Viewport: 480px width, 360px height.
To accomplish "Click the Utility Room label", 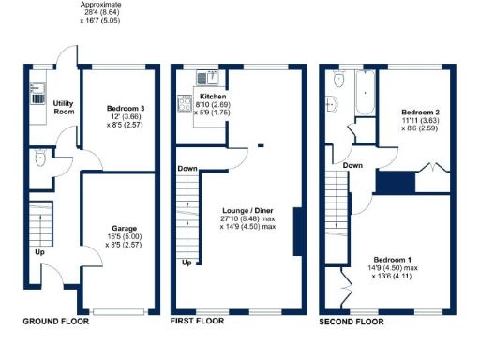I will coord(64,107).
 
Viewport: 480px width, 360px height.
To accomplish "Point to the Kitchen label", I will coord(211,97).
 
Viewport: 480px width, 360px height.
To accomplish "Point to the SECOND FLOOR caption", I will coord(352,321).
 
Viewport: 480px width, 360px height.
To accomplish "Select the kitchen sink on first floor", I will coord(207,78).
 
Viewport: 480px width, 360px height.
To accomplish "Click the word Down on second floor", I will coord(352,165).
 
